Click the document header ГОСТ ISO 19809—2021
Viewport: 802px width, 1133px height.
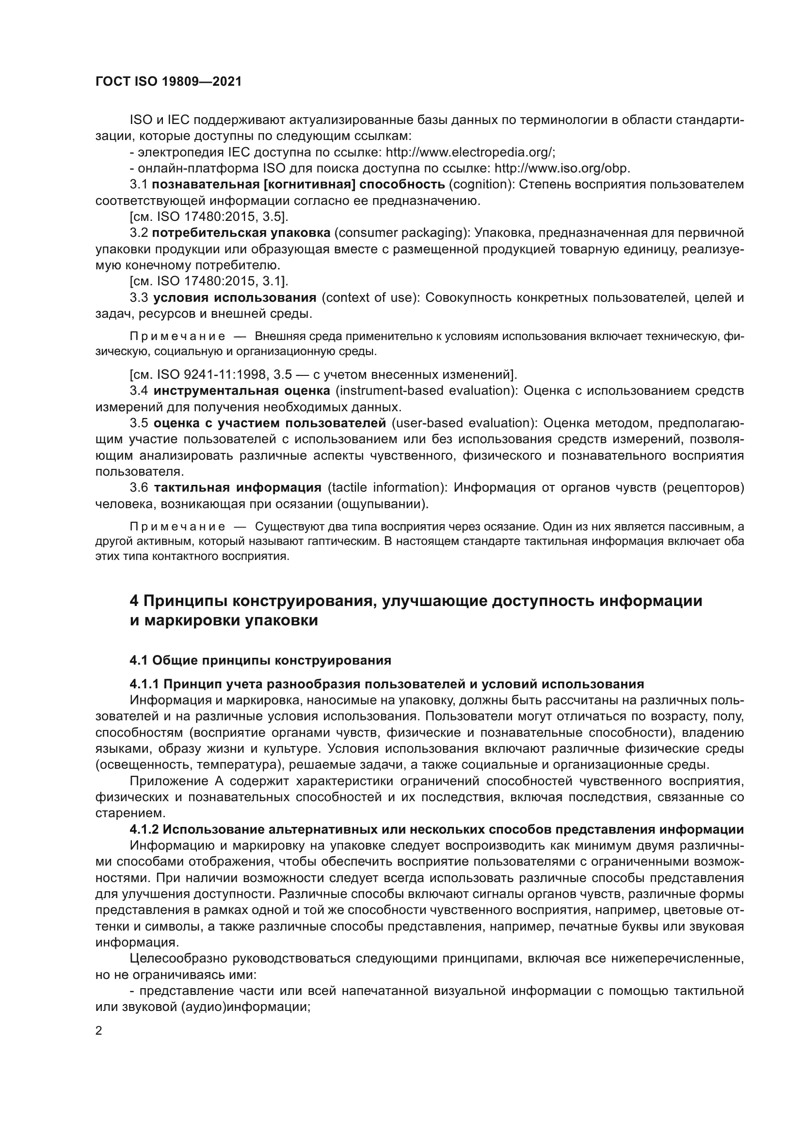pyautogui.click(x=168, y=82)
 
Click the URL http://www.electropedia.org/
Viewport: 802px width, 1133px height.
pyautogui.click(x=470, y=152)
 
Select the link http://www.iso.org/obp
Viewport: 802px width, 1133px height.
pyautogui.click(x=562, y=168)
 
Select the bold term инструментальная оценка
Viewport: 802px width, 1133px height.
pyautogui.click(x=241, y=391)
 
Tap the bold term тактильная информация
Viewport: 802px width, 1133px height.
pyautogui.click(x=238, y=488)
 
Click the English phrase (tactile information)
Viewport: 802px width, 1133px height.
pyautogui.click(x=387, y=488)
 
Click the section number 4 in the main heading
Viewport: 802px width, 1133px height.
pyautogui.click(x=134, y=601)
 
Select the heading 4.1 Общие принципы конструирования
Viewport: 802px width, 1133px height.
pyautogui.click(x=260, y=660)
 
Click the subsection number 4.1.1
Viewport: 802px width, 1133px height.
pyautogui.click(x=144, y=684)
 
